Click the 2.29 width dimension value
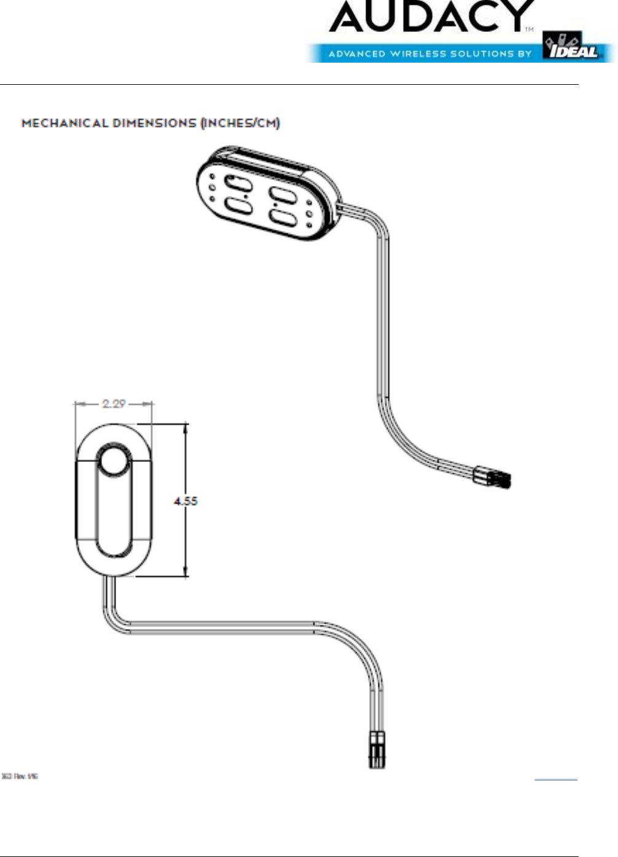coord(114,404)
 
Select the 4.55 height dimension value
coord(186,501)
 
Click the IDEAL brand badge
coord(571,47)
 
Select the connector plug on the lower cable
coord(377,749)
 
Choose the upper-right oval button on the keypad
coord(284,195)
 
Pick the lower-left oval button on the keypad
coord(238,206)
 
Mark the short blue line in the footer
coord(555,780)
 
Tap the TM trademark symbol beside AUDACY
coord(529,29)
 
